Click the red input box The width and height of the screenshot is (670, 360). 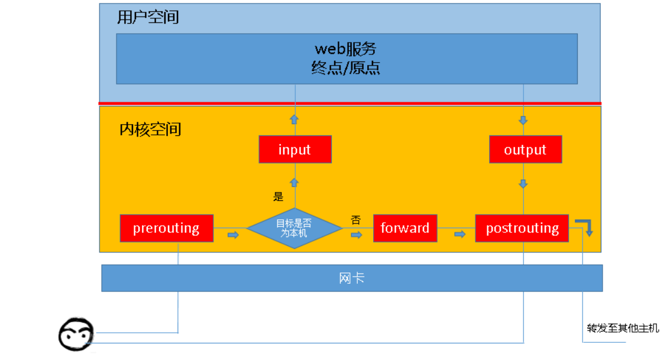tap(294, 150)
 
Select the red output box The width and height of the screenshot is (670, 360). tap(525, 150)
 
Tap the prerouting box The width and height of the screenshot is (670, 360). tap(166, 228)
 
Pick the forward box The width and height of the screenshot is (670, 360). tap(405, 228)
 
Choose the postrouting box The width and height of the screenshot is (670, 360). tap(522, 228)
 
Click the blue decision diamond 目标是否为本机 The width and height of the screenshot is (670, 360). tap(294, 228)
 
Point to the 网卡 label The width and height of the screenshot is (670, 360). tap(352, 278)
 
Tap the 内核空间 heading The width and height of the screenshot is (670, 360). tap(150, 129)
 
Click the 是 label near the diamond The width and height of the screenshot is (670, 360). tap(278, 197)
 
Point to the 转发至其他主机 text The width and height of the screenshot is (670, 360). tap(623, 328)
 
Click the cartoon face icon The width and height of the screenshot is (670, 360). tap(76, 335)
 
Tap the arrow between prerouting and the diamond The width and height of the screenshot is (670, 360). tap(233, 235)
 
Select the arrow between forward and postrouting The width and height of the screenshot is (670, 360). tap(459, 235)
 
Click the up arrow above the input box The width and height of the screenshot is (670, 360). tap(294, 119)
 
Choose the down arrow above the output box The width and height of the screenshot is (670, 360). tap(523, 121)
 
